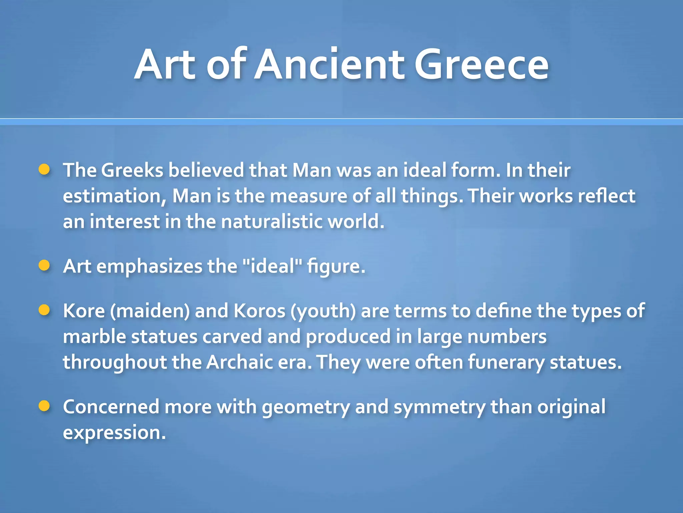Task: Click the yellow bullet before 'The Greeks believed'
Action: tap(44, 169)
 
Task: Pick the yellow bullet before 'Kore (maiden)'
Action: tap(44, 310)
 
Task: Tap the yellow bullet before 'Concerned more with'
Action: tap(44, 406)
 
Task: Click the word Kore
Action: tap(84, 311)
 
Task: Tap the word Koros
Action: tap(259, 311)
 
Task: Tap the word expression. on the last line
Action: tap(114, 433)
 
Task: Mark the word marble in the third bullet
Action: tap(94, 337)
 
